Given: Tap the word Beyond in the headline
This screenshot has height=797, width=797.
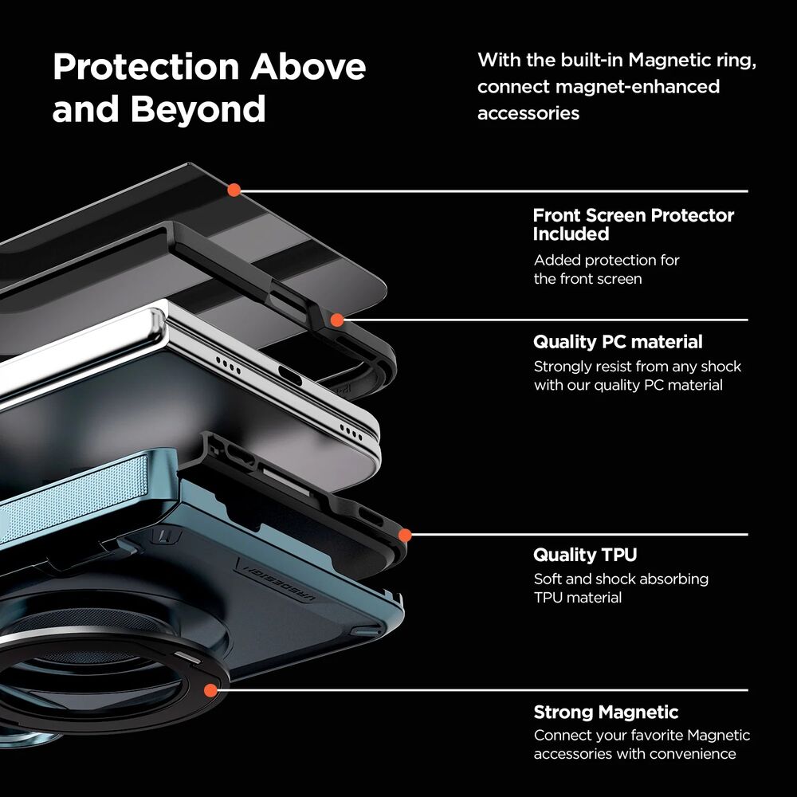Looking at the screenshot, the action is click(x=198, y=109).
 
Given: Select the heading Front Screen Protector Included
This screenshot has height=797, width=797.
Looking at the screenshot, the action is click(x=634, y=224).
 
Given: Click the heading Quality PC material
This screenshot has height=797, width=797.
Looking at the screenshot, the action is click(x=618, y=342).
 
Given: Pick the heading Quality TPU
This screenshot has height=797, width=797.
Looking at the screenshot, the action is click(x=585, y=555).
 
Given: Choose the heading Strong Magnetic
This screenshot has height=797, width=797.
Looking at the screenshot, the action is click(x=606, y=712).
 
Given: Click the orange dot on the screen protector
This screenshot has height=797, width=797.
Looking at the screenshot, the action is click(x=234, y=190).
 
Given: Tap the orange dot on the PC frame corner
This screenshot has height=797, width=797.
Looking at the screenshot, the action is click(x=337, y=320).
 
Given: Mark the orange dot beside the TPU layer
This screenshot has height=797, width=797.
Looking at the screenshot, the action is click(x=405, y=536).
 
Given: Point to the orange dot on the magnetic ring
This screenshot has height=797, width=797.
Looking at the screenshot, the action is click(x=210, y=690).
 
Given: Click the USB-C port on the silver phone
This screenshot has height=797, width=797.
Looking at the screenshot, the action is click(x=290, y=377).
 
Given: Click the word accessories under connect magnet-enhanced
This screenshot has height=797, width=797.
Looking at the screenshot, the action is click(x=528, y=113).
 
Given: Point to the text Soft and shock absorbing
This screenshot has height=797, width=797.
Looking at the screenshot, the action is click(x=621, y=579).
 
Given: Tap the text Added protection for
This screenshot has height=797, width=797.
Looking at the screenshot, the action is click(x=607, y=261).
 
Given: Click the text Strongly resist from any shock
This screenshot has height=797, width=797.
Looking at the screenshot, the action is click(x=638, y=367).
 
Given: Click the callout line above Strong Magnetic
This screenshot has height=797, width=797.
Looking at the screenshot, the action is click(x=479, y=690).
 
